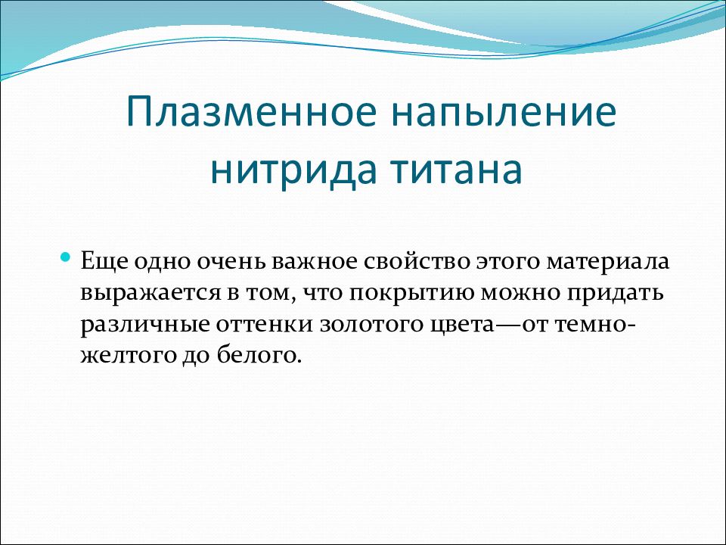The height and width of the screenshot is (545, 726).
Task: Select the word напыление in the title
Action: [x=504, y=112]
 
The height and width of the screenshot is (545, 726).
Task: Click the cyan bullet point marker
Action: [x=66, y=256]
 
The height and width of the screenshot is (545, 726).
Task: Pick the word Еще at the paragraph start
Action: [x=104, y=261]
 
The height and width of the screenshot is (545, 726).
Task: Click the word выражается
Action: [x=150, y=294]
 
